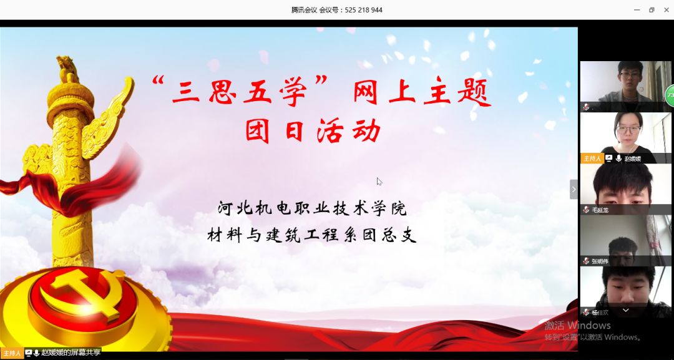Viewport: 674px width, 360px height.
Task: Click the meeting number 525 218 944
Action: point(364,10)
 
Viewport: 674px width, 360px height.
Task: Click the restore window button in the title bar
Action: point(652,10)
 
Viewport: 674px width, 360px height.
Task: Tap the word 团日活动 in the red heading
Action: point(313,130)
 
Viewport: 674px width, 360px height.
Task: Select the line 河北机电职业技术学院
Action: point(312,208)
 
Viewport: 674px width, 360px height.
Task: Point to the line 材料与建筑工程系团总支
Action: point(312,235)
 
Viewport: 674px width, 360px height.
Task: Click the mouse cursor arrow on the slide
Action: point(379,182)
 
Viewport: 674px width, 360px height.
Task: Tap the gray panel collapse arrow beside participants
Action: point(574,189)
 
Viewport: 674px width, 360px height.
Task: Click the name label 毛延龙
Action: point(600,210)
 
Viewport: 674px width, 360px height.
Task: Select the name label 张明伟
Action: point(600,261)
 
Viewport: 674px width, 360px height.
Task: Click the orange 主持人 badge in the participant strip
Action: point(592,158)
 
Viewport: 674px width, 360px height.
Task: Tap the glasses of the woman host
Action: point(628,129)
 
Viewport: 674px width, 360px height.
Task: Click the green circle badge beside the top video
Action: point(670,95)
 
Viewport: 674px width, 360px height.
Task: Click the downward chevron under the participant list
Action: point(626,309)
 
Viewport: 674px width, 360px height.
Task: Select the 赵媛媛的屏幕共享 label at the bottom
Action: point(71,353)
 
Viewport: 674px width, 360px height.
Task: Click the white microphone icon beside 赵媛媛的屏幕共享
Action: point(37,353)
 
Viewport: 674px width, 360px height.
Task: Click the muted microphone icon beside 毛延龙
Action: point(586,210)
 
